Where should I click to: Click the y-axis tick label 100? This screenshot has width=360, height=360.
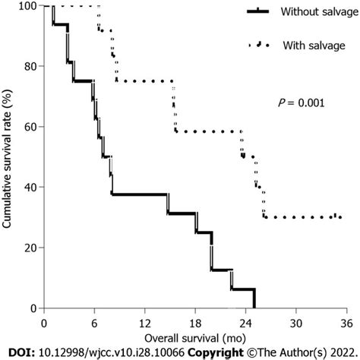pos(29,6)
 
